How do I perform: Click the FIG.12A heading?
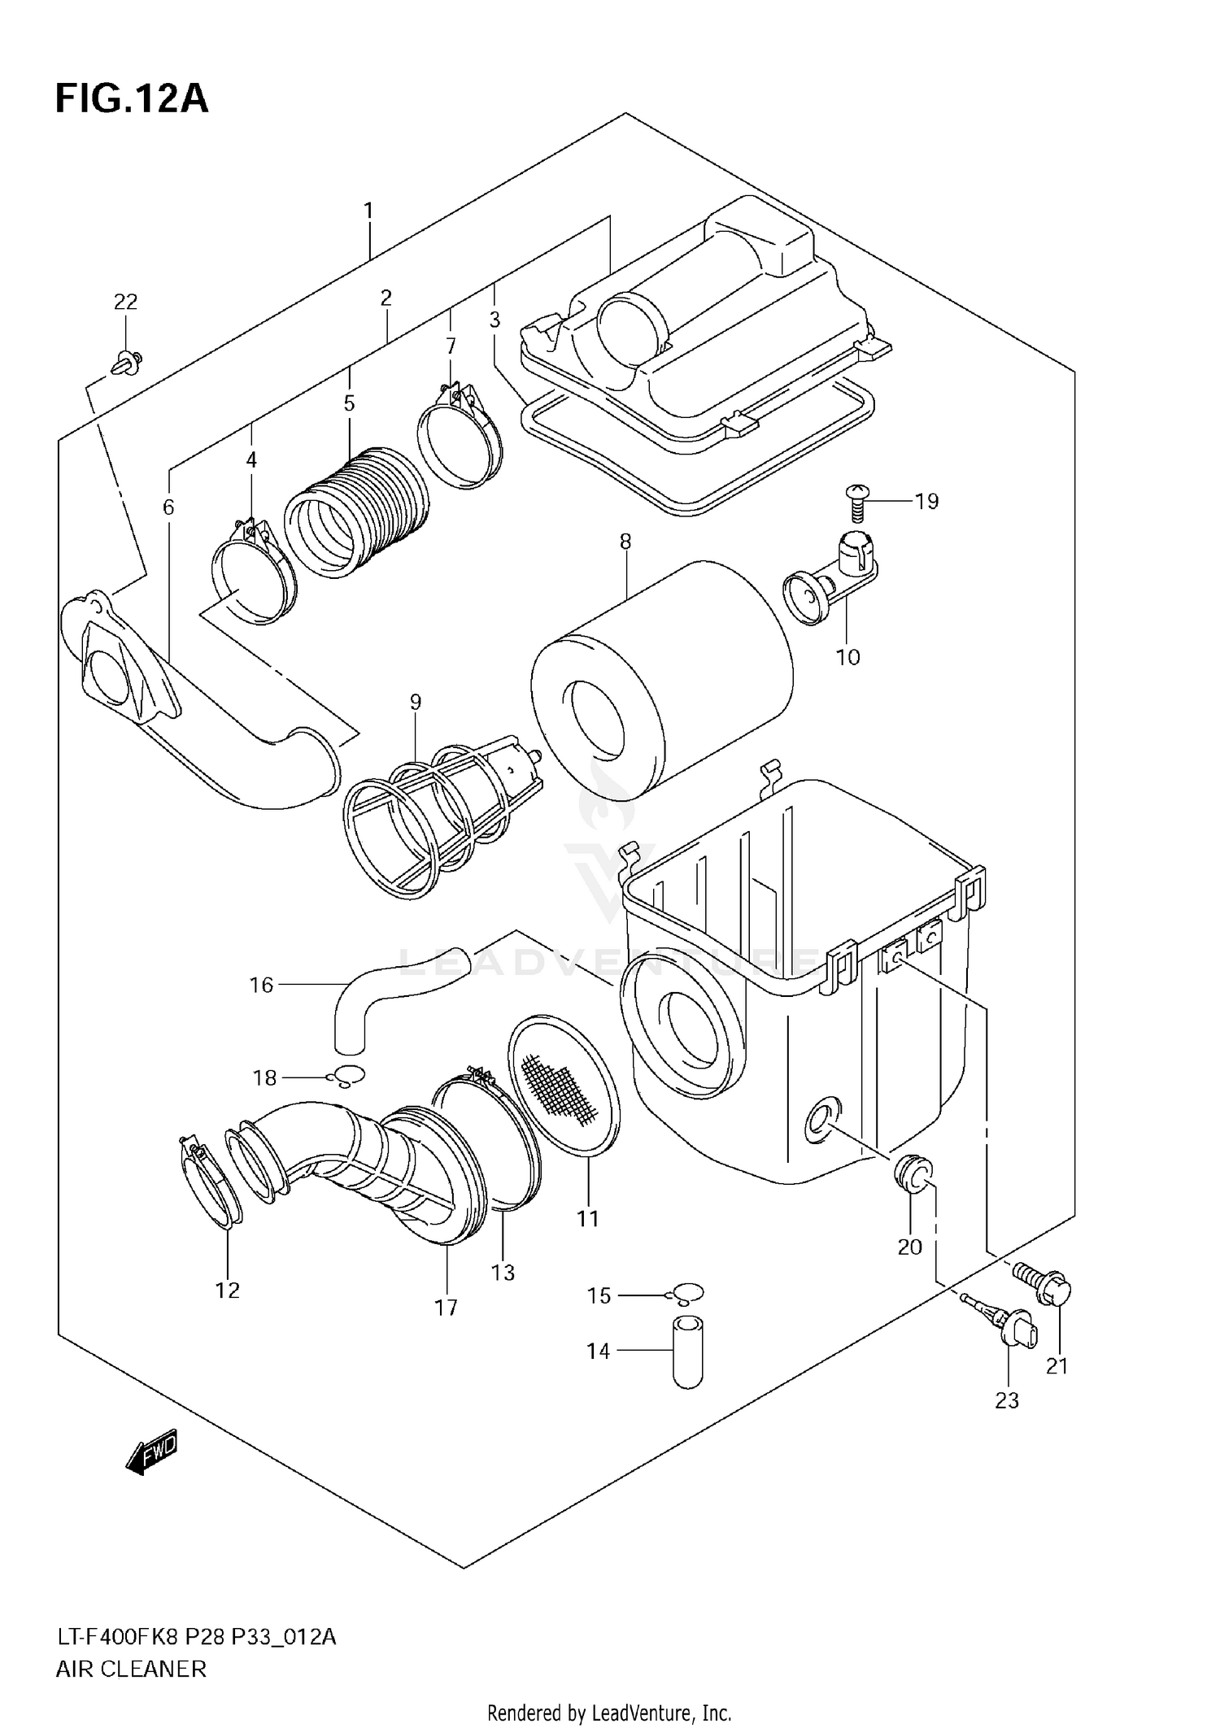[x=132, y=99]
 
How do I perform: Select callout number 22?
[x=125, y=303]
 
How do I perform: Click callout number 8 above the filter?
[x=625, y=542]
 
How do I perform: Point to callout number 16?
[x=261, y=985]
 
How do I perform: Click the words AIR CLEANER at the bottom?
[x=131, y=1669]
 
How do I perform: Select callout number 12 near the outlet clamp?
[x=228, y=1290]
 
